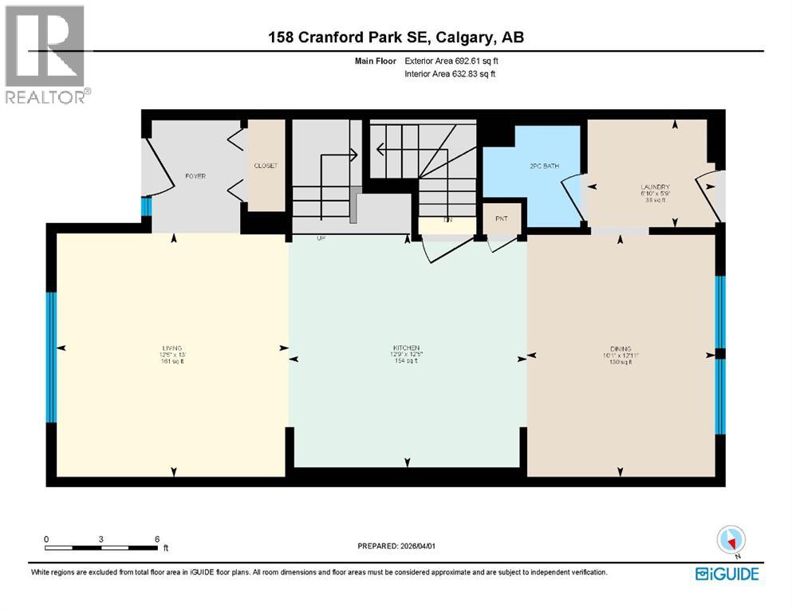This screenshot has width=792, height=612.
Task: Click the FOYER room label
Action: (195, 175)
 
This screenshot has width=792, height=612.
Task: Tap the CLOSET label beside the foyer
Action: (266, 166)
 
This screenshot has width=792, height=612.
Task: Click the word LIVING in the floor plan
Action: (171, 348)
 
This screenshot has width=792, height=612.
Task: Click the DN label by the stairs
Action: (447, 220)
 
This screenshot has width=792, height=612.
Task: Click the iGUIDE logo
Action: (727, 574)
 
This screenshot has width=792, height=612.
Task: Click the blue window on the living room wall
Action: (51, 356)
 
